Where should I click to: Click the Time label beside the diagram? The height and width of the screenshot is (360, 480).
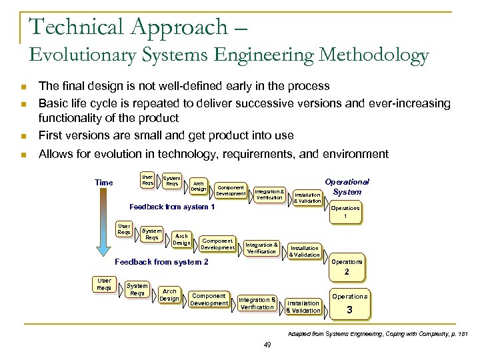click(104, 182)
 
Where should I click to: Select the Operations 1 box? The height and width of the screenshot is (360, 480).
click(346, 212)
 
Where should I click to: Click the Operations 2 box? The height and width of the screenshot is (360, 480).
click(346, 267)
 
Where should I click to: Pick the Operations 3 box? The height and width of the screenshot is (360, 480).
click(349, 304)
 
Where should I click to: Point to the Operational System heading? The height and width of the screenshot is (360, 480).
click(346, 187)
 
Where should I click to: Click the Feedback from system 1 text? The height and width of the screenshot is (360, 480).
click(172, 207)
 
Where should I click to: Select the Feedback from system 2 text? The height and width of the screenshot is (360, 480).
click(162, 262)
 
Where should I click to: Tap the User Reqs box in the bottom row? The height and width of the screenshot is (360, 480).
click(104, 285)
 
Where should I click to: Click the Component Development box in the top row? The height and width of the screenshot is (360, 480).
click(230, 190)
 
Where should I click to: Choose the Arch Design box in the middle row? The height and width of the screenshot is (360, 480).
click(181, 239)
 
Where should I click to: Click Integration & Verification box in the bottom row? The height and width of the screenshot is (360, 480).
click(257, 303)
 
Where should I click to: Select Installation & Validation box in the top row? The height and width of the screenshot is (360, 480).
click(307, 197)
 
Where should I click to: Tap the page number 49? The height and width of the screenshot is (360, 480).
click(267, 344)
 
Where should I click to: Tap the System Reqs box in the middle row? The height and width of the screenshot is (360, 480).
click(152, 233)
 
